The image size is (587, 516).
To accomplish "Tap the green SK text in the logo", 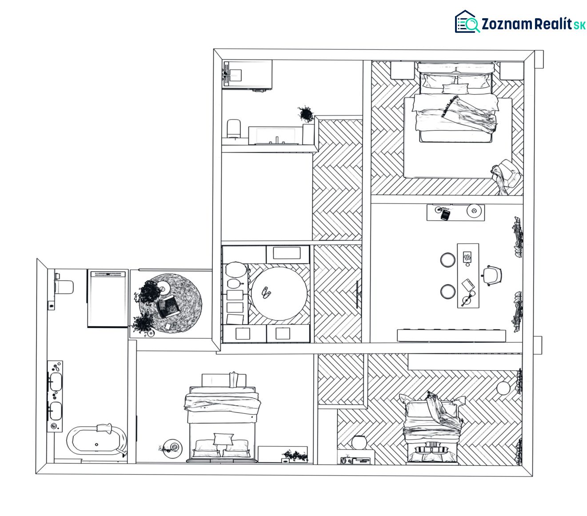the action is pyautogui.click(x=579, y=25).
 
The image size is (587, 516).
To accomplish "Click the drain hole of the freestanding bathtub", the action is pyautogui.click(x=96, y=444).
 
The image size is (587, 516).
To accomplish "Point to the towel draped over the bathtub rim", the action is pyautogui.click(x=104, y=428).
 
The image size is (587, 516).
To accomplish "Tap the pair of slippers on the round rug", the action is pyautogui.click(x=266, y=292).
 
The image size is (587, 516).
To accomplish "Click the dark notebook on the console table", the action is pyautogui.click(x=445, y=215).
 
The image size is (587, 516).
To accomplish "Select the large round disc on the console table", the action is pyautogui.click(x=474, y=211).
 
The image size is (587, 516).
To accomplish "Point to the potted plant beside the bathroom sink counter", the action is pyautogui.click(x=306, y=114).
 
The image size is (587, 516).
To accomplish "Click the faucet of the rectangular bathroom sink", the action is pyautogui.click(x=277, y=140).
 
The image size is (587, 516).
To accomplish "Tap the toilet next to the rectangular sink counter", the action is pyautogui.click(x=234, y=128).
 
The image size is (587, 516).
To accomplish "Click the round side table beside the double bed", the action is pyautogui.click(x=172, y=448).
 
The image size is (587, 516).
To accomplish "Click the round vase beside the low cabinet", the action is pyautogui.click(x=359, y=443).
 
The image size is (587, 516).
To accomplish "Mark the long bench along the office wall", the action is pyautogui.click(x=451, y=336).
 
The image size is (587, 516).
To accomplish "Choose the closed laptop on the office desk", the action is pyautogui.click(x=468, y=285).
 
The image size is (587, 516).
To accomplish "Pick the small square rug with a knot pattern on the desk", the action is pyautogui.click(x=467, y=256).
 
